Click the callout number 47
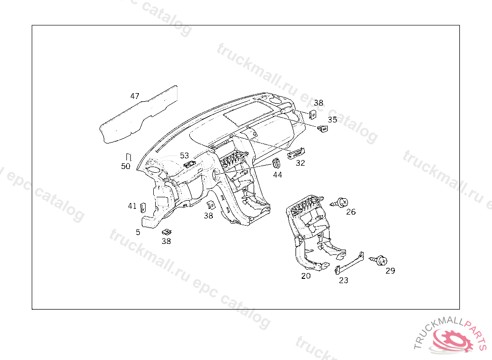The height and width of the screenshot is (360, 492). click(135, 96)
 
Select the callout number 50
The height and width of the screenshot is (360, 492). click(125, 166)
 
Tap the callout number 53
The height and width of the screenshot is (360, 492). click(184, 156)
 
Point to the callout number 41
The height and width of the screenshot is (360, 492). click(132, 206)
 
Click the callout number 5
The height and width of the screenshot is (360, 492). click(138, 232)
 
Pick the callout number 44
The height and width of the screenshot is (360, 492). click(277, 175)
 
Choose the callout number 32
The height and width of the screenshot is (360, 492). click(300, 163)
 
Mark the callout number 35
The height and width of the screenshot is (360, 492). click(332, 120)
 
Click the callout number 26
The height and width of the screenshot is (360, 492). click(351, 212)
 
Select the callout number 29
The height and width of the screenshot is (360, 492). click(390, 271)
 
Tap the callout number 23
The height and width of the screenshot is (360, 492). click(344, 280)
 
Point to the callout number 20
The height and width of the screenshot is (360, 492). click(306, 276)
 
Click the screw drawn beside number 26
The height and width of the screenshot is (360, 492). click(340, 203)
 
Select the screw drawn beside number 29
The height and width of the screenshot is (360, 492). click(379, 260)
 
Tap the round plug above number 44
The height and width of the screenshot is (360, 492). click(276, 163)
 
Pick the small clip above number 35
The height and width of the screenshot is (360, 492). click(322, 128)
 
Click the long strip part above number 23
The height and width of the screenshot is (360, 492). click(350, 263)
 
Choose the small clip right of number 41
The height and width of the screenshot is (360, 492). click(143, 207)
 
